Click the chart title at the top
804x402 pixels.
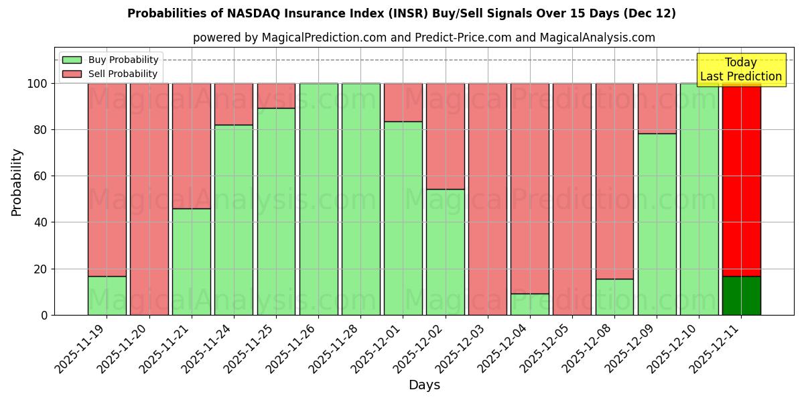pyautogui.click(x=401, y=13)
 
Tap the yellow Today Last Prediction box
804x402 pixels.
pyautogui.click(x=740, y=70)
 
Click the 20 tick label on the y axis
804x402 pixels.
pyautogui.click(x=40, y=269)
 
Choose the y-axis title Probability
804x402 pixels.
pyautogui.click(x=17, y=182)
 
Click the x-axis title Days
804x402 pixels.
pyautogui.click(x=424, y=385)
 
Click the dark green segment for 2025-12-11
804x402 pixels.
pyautogui.click(x=741, y=295)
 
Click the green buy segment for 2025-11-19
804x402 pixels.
pyautogui.click(x=107, y=295)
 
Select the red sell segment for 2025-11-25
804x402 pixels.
pyautogui.click(x=276, y=96)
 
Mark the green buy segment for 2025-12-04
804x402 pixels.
pyautogui.click(x=530, y=304)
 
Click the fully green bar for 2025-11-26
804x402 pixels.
pyautogui.click(x=318, y=199)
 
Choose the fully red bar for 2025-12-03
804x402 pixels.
pyautogui.click(x=488, y=199)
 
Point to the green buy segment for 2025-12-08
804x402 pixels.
pyautogui.click(x=614, y=297)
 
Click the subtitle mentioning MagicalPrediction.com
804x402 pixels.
pyautogui.click(x=424, y=38)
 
